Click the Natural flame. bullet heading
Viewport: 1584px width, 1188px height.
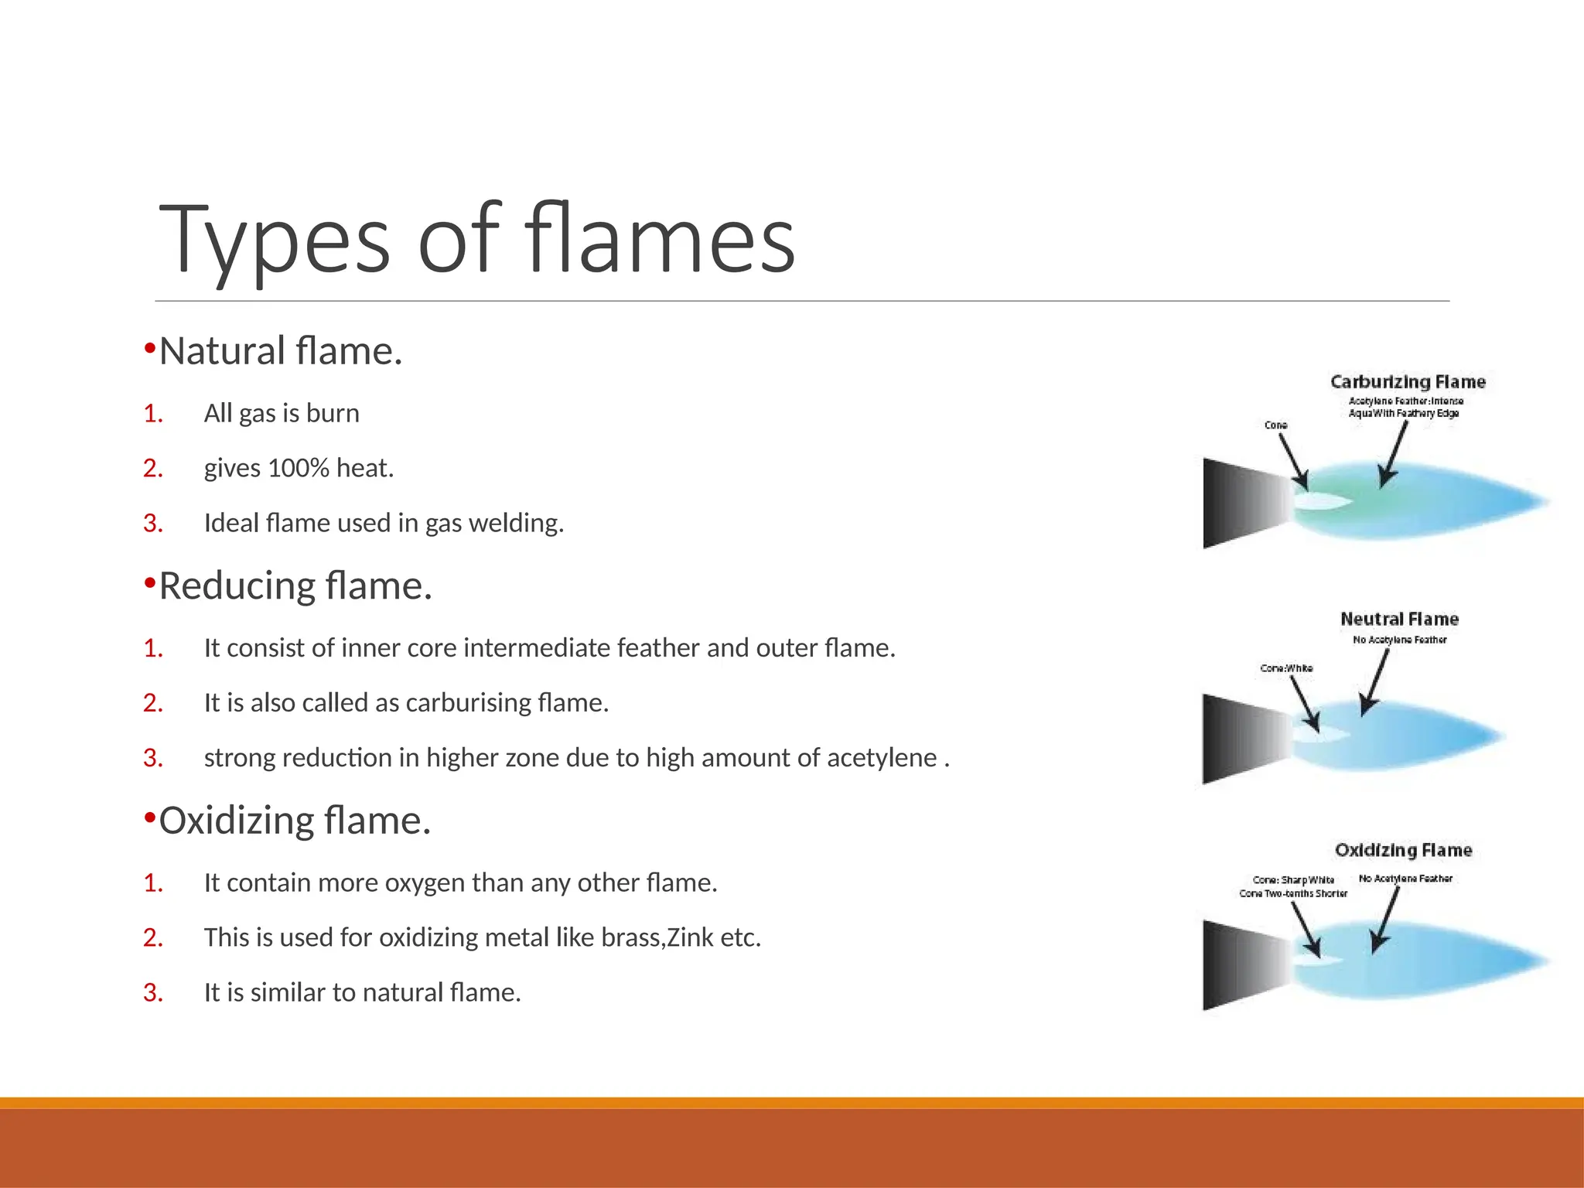coord(280,351)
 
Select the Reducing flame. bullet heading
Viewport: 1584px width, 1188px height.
coord(295,585)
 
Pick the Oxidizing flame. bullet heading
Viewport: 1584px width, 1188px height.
coord(294,821)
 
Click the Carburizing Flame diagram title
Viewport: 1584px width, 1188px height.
coord(1408,382)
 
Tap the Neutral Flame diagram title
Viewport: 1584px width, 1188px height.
coord(1399,620)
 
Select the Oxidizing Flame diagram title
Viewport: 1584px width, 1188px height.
coord(1403,851)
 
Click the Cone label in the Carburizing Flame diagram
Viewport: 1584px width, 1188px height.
coord(1275,425)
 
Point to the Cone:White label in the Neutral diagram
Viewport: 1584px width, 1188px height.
coord(1286,668)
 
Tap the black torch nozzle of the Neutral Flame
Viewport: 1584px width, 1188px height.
coord(1237,739)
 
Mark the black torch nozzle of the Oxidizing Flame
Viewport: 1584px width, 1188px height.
coord(1237,965)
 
